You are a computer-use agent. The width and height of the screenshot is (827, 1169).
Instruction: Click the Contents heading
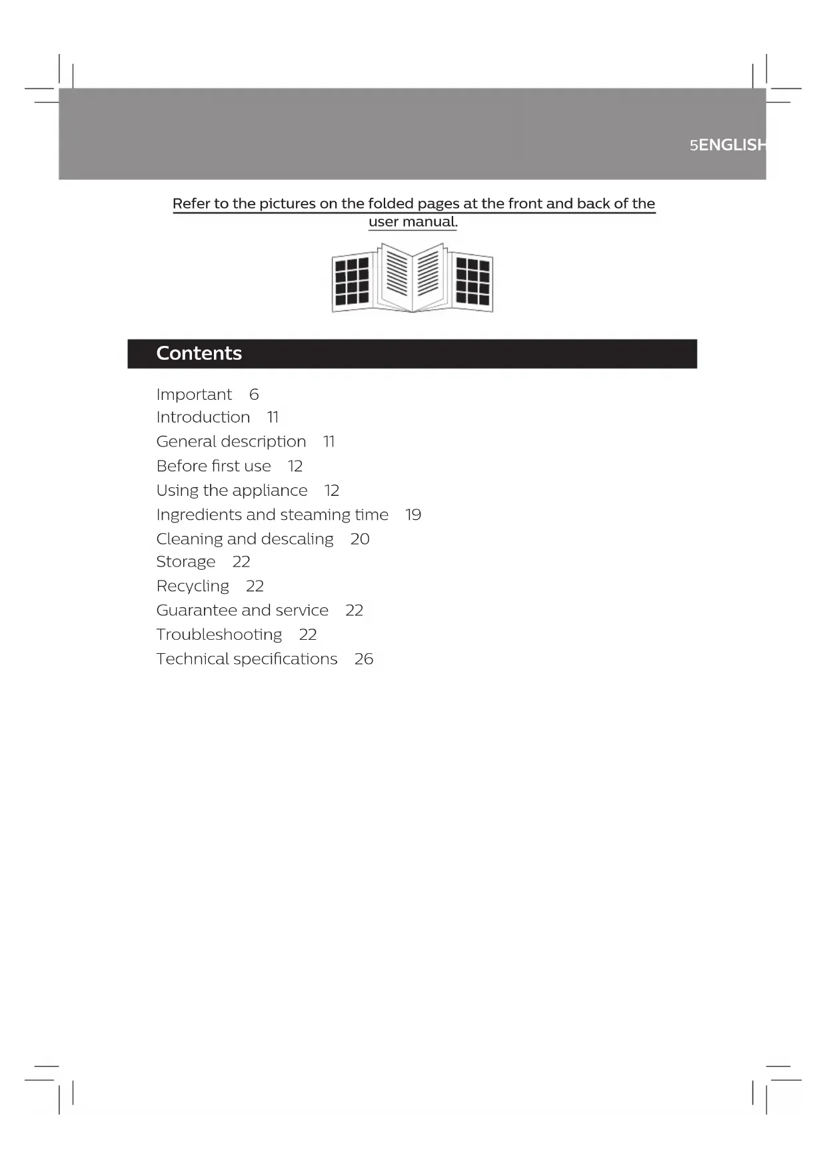199,353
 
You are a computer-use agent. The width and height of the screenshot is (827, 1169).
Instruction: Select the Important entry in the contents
194,395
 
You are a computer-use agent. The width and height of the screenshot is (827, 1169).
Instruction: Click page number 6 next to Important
254,395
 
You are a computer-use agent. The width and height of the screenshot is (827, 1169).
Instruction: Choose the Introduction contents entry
203,417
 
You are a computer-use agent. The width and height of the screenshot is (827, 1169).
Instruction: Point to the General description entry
231,442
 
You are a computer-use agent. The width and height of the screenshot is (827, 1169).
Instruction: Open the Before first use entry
214,466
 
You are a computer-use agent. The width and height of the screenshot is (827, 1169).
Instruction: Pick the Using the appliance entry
232,491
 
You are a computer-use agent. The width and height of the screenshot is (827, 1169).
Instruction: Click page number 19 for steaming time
413,515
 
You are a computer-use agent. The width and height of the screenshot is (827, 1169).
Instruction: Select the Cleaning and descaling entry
245,539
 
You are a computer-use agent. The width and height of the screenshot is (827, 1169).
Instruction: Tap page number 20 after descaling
360,539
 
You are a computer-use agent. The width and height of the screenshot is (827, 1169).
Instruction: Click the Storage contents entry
186,562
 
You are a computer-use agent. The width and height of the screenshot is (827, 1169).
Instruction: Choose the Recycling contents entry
193,586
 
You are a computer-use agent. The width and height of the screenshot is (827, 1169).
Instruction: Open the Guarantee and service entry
243,610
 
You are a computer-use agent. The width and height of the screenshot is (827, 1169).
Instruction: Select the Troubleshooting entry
219,634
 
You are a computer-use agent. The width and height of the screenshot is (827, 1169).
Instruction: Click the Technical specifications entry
247,659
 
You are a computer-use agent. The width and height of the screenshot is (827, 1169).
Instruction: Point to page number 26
364,659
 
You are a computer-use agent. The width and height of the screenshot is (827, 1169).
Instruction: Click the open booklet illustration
413,278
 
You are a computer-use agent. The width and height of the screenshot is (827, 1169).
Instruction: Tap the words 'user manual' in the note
412,222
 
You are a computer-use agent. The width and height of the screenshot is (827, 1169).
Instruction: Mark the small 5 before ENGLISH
694,146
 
